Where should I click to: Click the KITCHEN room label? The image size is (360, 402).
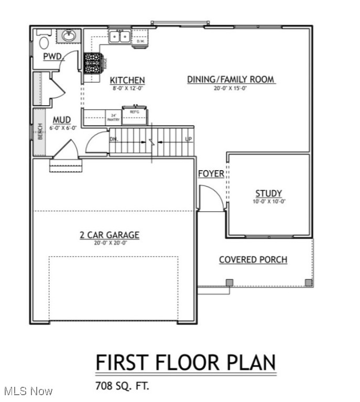(x=127, y=80)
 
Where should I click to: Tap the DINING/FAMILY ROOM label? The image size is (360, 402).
(x=231, y=80)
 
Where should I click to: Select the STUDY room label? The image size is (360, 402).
(x=268, y=193)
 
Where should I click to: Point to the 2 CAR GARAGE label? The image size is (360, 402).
(x=110, y=235)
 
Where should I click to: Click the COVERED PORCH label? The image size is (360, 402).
(x=253, y=260)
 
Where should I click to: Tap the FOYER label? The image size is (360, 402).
(x=211, y=174)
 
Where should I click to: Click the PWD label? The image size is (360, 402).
(x=53, y=56)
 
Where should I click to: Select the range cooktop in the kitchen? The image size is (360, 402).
(x=93, y=63)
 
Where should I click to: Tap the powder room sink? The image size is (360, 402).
(x=68, y=36)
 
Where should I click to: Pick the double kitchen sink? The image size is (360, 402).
(x=119, y=37)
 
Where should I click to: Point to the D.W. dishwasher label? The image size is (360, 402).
(x=140, y=41)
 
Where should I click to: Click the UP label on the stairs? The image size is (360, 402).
(x=189, y=139)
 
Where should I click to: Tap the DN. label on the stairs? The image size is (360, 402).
(x=114, y=139)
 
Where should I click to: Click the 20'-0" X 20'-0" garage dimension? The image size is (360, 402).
(x=110, y=243)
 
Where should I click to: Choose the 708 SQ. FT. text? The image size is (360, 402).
(x=122, y=386)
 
